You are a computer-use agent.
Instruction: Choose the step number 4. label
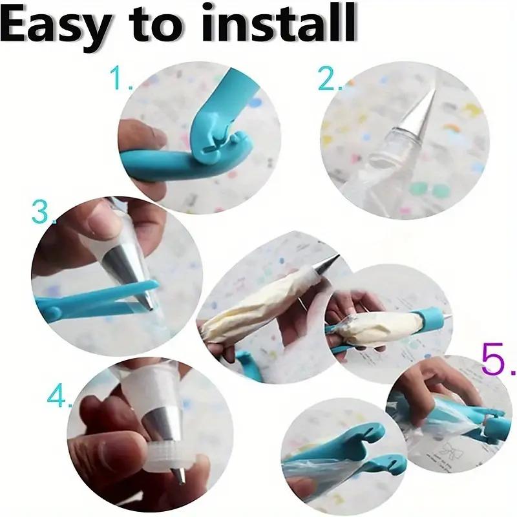(59, 396)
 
